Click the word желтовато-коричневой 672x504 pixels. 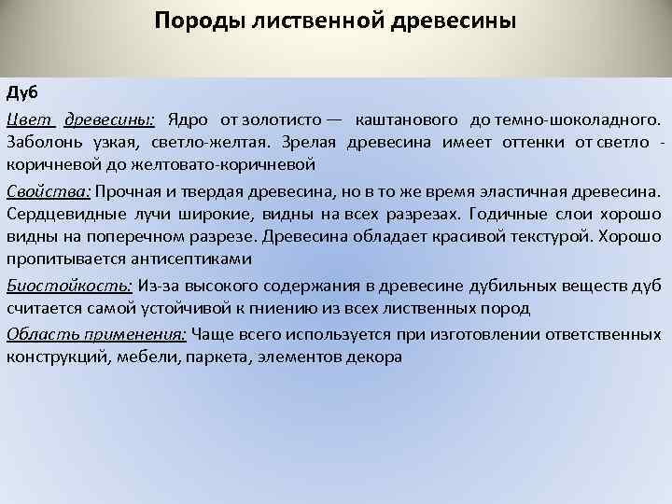pos(233,163)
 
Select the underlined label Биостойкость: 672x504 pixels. pos(69,285)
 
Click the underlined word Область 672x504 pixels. pos(37,334)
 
